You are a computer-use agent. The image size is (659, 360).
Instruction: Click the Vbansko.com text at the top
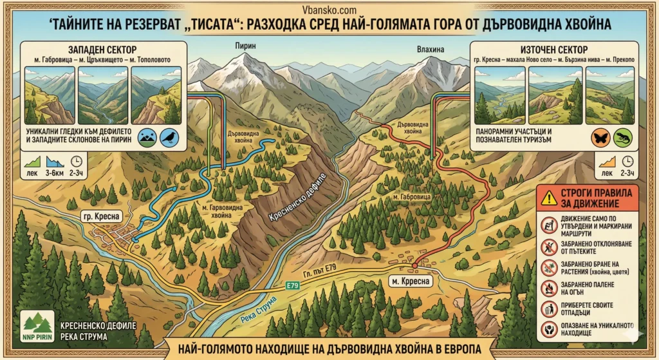point(328,10)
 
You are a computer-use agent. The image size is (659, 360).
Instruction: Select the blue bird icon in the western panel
point(169,137)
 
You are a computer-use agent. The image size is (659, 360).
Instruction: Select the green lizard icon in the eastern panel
point(622,137)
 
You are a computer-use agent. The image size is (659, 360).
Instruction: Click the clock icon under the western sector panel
point(77,161)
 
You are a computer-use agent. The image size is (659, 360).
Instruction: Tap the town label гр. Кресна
point(99,216)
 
